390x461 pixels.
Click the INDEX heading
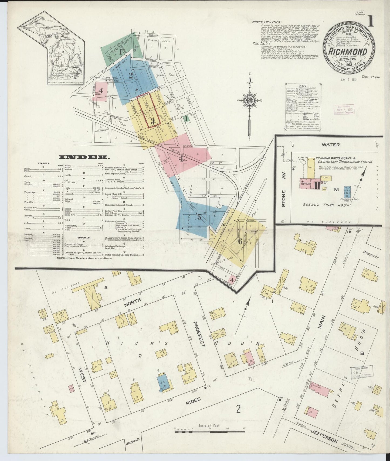pyautogui.click(x=84, y=157)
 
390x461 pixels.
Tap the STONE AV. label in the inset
pyautogui.click(x=284, y=199)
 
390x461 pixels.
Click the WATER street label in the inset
pyautogui.click(x=330, y=145)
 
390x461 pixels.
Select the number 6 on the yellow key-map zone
pyautogui.click(x=240, y=241)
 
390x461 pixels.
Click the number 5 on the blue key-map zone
pyautogui.click(x=199, y=217)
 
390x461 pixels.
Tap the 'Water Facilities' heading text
pyautogui.click(x=267, y=22)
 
